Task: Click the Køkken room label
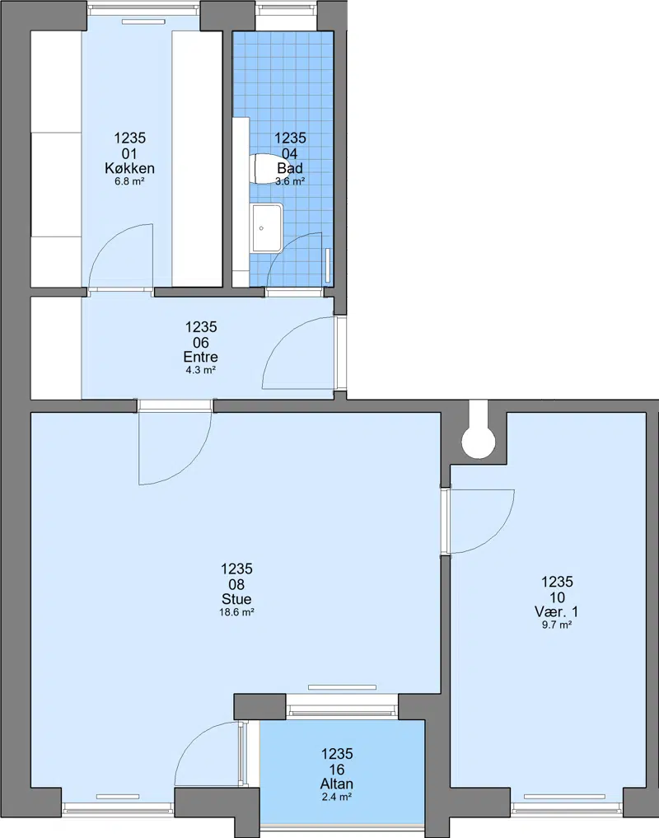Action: point(129,168)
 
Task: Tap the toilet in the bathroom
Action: point(264,168)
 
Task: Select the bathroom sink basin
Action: point(267,227)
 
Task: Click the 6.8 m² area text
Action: point(129,181)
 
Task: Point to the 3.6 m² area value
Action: point(290,181)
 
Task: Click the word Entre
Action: point(200,357)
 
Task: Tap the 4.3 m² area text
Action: point(200,370)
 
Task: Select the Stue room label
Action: point(236,598)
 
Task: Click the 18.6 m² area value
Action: point(236,612)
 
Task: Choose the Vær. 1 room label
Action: point(556,611)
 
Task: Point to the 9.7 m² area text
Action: point(556,625)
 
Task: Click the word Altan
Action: point(337,784)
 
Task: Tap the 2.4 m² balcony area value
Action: point(337,798)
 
